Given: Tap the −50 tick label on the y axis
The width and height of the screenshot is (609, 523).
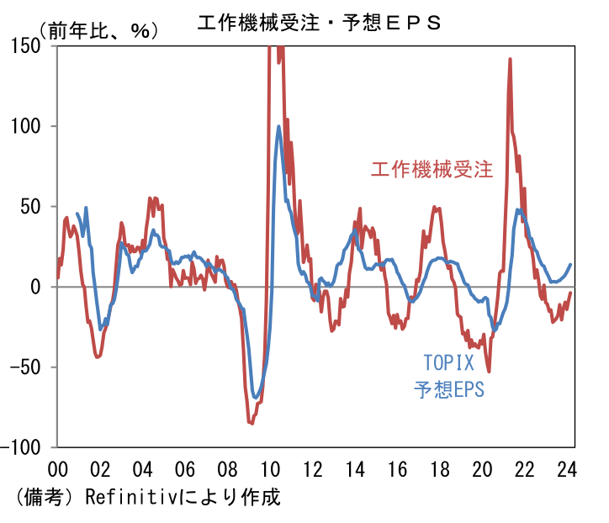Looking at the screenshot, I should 25,367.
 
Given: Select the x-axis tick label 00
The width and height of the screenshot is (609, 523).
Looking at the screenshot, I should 58,468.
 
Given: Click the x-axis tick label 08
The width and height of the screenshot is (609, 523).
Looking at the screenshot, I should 228,468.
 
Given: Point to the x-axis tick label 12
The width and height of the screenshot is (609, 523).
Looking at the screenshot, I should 313,468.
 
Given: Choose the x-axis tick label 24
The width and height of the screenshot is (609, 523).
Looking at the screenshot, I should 568,468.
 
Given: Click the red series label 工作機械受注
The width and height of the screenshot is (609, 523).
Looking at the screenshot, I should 432,168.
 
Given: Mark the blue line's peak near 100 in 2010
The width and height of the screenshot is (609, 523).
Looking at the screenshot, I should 278,127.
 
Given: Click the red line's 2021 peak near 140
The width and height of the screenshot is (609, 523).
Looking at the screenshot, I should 510,60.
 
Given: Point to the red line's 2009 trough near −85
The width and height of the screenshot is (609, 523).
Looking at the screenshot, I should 251,423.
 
